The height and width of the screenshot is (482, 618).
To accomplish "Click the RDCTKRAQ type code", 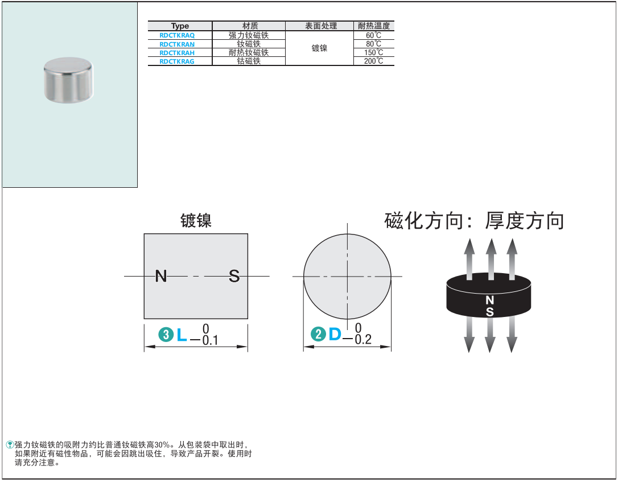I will click(177, 35).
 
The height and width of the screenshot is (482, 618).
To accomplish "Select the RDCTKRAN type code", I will click(177, 44).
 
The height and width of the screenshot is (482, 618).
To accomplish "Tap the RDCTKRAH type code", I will click(177, 52).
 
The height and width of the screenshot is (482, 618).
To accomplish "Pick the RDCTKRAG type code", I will click(177, 61).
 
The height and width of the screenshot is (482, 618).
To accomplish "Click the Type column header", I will click(180, 26).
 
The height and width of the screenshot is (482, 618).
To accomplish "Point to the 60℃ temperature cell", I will click(373, 35).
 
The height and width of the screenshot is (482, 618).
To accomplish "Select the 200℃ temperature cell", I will click(373, 61).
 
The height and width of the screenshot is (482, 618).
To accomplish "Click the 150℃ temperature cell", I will click(373, 52).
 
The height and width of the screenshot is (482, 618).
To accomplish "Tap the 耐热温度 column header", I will click(373, 26).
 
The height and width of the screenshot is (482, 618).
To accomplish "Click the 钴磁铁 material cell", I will click(249, 61).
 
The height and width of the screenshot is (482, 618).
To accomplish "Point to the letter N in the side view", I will click(161, 277).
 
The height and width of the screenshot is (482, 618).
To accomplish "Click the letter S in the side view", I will click(234, 277).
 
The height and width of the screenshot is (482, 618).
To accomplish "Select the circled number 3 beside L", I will click(166, 335).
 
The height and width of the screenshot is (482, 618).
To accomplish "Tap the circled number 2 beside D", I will click(318, 335).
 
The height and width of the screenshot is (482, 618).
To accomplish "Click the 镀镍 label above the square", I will click(196, 221).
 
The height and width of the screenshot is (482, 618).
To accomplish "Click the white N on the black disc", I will click(489, 300).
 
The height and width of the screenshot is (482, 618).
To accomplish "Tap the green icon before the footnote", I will click(10, 444).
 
